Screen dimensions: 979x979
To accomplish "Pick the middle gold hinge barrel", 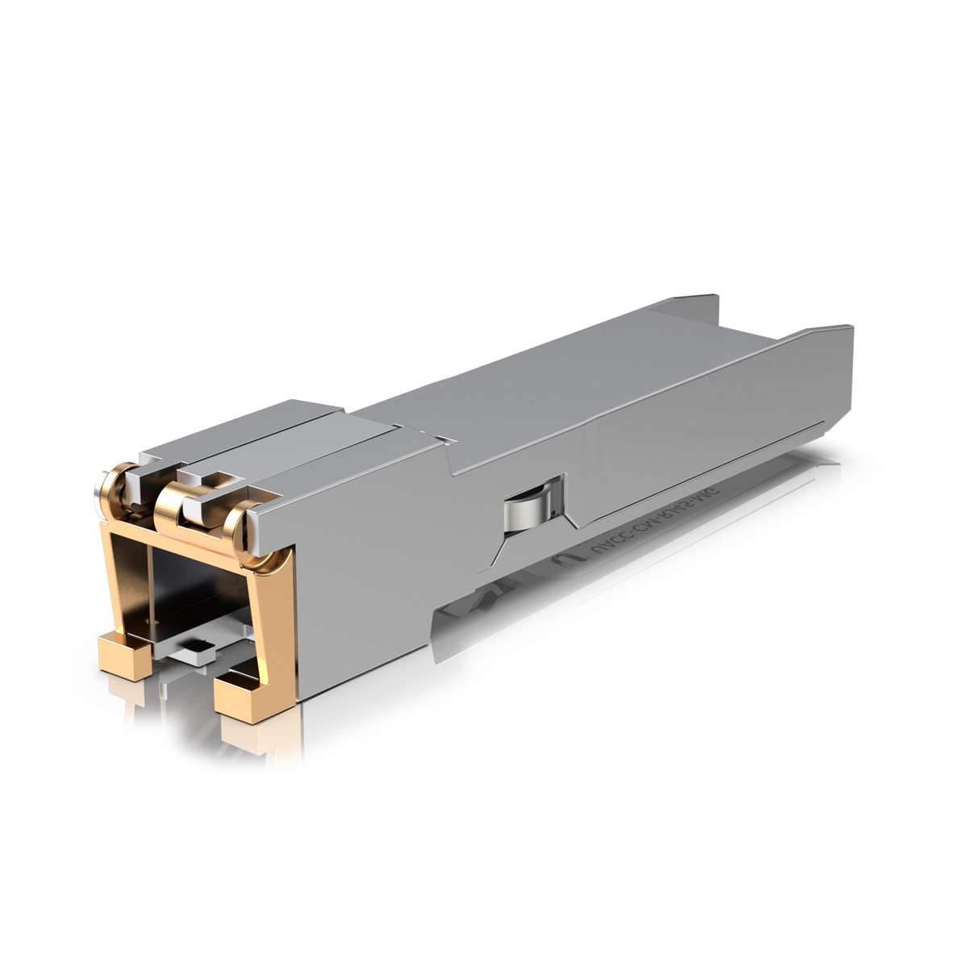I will pos(176,501).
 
